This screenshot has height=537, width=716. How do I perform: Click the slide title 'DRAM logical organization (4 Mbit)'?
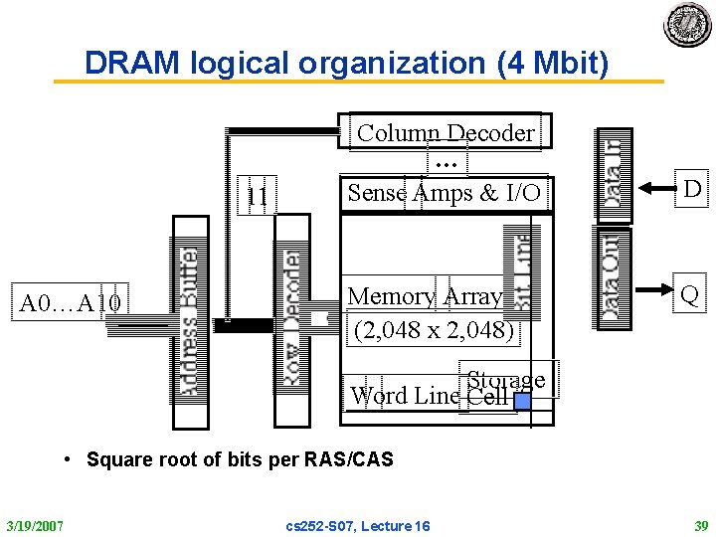click(x=346, y=63)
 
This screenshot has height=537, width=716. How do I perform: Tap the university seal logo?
click(x=687, y=26)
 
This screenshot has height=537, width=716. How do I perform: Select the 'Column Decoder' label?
click(x=445, y=133)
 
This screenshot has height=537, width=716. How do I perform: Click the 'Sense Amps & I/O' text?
click(x=444, y=192)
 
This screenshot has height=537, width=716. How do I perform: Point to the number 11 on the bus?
click(x=257, y=197)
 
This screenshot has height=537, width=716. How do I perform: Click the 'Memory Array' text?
click(x=425, y=296)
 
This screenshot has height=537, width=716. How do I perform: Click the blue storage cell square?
click(x=521, y=401)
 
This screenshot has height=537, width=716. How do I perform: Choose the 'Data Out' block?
click(x=611, y=276)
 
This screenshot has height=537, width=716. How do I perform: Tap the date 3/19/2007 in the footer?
click(x=34, y=525)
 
